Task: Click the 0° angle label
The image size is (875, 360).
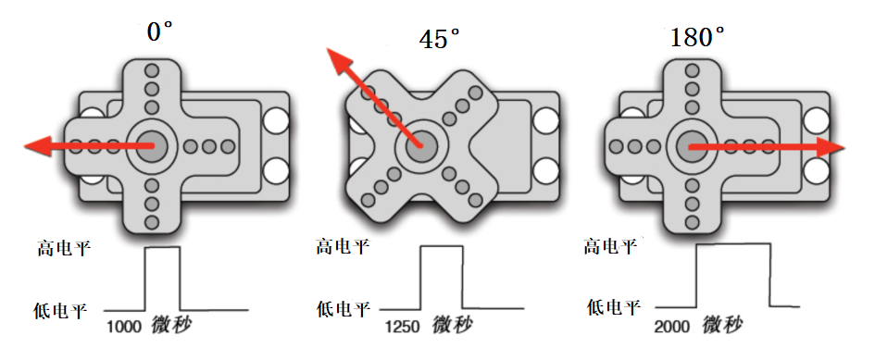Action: click(x=159, y=31)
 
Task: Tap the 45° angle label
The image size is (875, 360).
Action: click(x=440, y=39)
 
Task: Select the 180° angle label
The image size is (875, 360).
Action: click(x=697, y=37)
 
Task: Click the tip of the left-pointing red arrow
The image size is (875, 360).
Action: click(x=25, y=146)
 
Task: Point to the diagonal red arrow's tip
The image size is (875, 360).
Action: click(x=328, y=49)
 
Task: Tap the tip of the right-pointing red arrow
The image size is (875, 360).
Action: click(x=844, y=148)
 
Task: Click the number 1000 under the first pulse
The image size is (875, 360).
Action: click(x=124, y=327)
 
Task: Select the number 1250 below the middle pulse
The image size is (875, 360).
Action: click(x=403, y=327)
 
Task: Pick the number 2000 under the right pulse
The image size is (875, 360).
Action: click(x=672, y=326)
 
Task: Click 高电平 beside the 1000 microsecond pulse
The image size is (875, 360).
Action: click(x=64, y=248)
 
